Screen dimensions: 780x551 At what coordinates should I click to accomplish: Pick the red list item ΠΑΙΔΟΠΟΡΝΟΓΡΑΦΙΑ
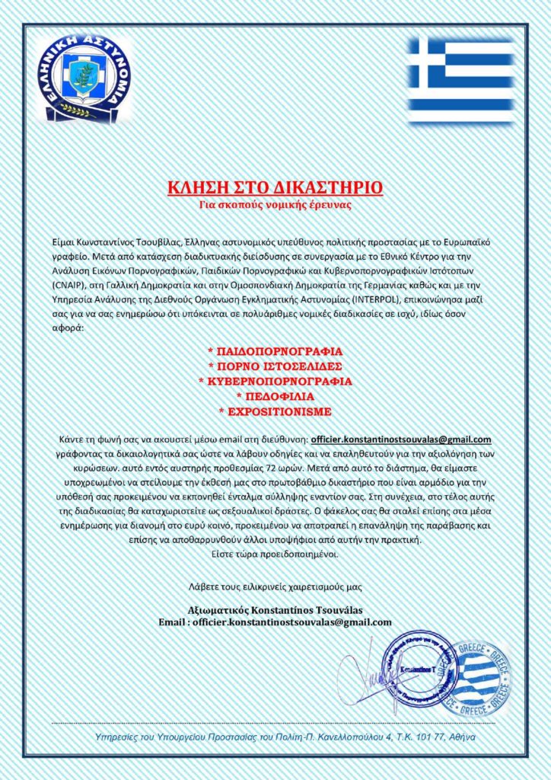[x=275, y=352]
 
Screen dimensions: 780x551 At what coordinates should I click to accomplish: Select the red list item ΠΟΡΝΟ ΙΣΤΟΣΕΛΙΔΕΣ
[x=275, y=366]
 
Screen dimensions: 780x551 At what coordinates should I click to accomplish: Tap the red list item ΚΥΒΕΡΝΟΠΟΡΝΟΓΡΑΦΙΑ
[x=275, y=382]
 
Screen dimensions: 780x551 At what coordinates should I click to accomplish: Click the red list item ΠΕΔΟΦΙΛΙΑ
[x=275, y=397]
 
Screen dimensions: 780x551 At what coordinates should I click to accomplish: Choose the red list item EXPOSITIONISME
[x=275, y=411]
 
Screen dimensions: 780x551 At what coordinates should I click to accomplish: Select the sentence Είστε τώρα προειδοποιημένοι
[x=275, y=554]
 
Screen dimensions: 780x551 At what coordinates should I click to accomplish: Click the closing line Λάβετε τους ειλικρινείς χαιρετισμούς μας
[x=275, y=587]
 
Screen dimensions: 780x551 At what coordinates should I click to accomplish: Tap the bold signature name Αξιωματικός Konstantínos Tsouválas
[x=275, y=610]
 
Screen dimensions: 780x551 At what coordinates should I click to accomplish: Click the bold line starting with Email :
[x=275, y=622]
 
